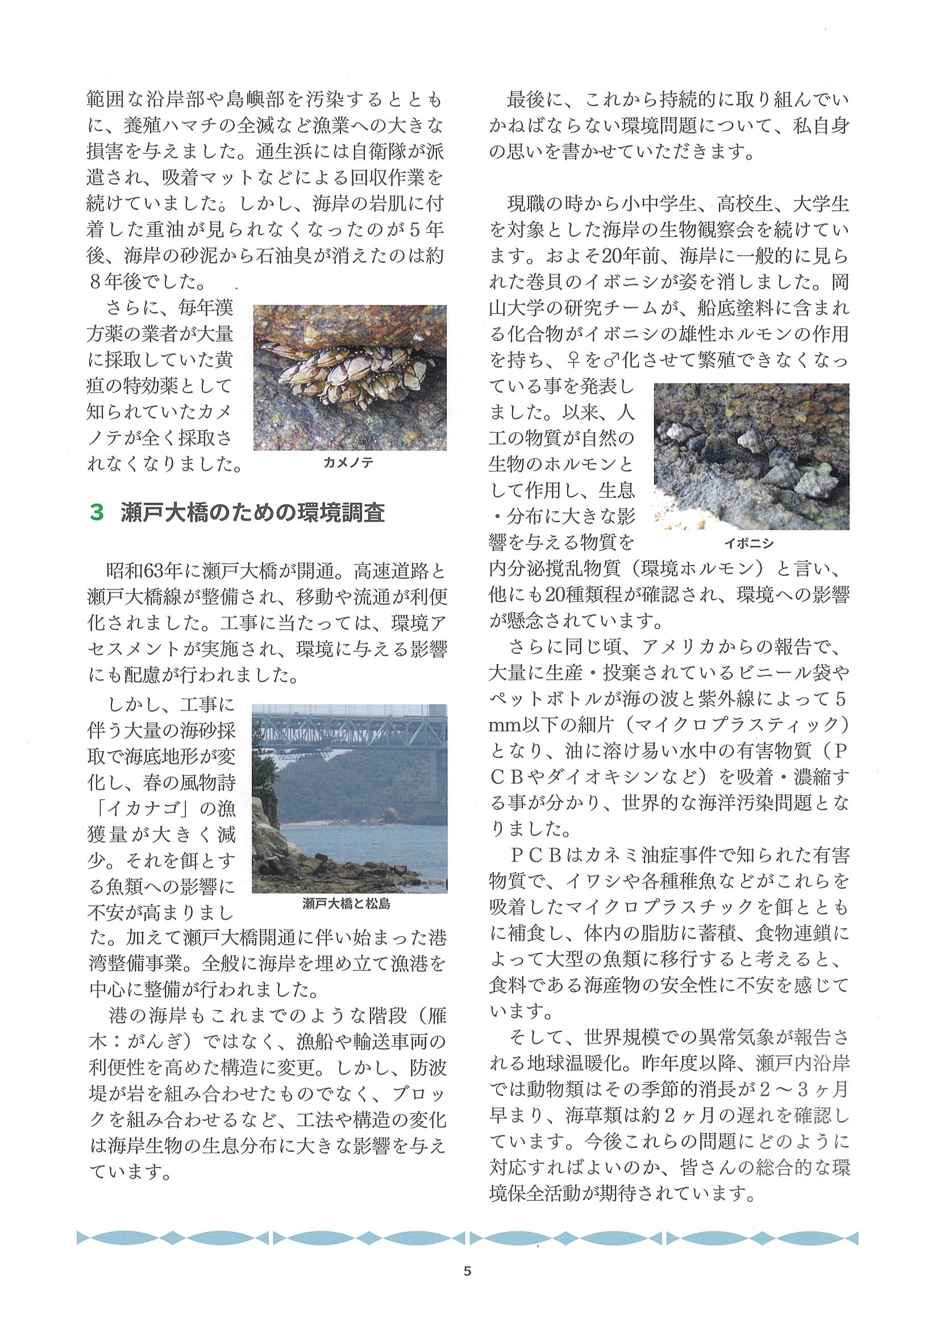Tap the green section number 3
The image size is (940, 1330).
(x=97, y=513)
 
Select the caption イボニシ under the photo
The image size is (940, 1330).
(x=749, y=543)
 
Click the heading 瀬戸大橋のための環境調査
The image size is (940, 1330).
(x=253, y=513)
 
